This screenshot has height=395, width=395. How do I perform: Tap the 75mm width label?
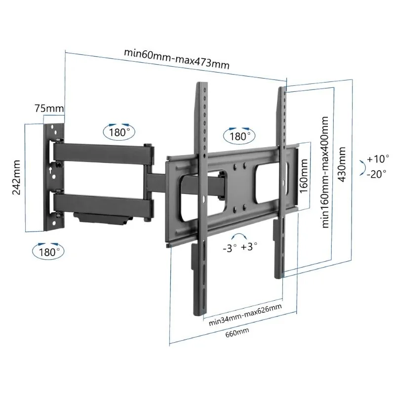(49, 108)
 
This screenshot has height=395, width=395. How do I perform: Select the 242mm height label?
(16, 177)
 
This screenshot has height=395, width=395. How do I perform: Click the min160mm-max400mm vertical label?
(325, 172)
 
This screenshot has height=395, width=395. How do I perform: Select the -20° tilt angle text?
(378, 173)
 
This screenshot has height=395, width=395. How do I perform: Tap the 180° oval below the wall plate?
(48, 251)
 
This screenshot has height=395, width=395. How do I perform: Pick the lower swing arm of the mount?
(104, 203)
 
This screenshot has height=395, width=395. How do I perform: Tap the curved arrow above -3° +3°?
(240, 236)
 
